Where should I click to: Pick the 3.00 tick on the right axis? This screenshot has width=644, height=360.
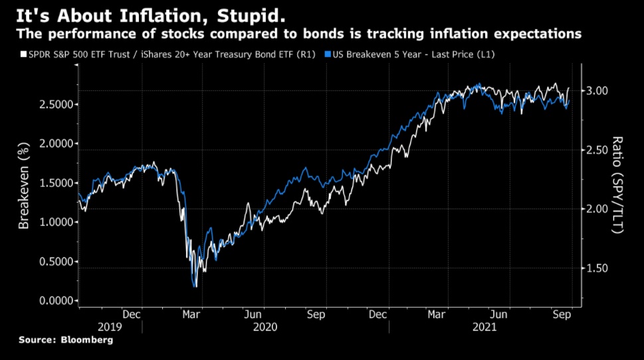(601, 90)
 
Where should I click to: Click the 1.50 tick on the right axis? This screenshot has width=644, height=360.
(601, 268)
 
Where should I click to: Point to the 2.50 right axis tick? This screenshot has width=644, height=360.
(601, 150)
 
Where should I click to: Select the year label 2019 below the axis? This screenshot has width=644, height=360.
(110, 327)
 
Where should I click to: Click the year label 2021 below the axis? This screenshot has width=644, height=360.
(484, 327)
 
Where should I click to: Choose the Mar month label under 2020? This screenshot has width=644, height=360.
(193, 315)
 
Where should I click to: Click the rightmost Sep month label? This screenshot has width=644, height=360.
(562, 315)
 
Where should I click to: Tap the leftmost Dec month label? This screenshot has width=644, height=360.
(131, 315)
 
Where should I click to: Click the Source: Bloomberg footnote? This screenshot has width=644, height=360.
(66, 340)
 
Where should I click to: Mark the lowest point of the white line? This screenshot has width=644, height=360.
(195, 287)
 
